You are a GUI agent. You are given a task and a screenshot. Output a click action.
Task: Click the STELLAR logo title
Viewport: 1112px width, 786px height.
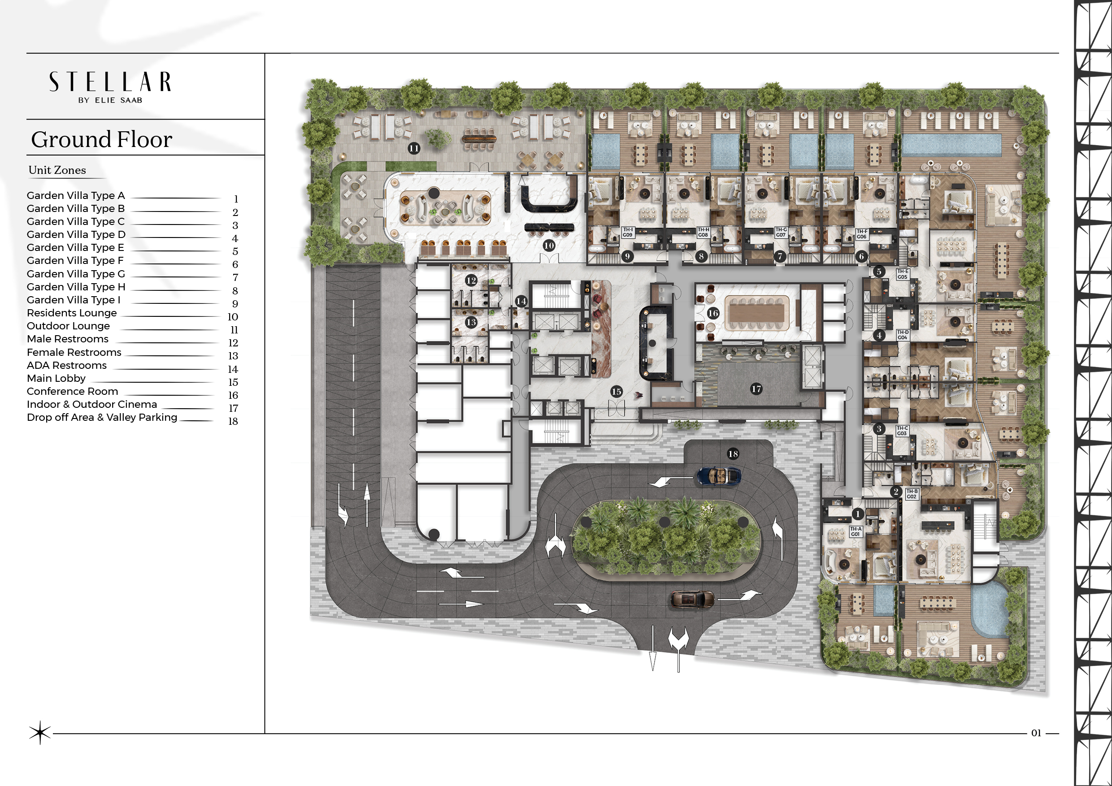click(110, 82)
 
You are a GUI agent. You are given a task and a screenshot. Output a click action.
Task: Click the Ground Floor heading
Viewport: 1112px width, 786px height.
click(102, 139)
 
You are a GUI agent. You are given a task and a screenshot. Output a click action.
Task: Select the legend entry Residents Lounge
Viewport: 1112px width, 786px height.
click(72, 313)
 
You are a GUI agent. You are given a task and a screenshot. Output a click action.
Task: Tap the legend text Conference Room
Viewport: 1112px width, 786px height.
click(72, 391)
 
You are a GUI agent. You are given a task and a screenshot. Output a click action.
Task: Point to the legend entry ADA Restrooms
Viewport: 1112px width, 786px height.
click(66, 365)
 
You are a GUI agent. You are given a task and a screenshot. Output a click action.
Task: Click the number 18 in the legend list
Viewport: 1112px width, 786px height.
click(233, 422)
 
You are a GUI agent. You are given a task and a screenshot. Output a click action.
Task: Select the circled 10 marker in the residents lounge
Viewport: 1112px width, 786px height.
click(549, 246)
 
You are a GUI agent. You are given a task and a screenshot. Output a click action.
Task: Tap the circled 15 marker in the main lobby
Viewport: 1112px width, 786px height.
click(616, 392)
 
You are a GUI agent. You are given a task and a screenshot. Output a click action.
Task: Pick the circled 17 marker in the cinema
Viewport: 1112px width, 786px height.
click(756, 389)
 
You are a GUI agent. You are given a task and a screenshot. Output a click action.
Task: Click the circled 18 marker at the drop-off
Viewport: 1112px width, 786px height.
click(733, 453)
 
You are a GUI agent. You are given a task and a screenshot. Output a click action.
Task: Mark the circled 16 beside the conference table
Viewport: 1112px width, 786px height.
click(712, 313)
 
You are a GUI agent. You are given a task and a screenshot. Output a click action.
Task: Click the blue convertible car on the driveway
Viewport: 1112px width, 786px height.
click(719, 476)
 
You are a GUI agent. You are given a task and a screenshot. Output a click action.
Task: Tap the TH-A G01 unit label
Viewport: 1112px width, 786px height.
click(856, 531)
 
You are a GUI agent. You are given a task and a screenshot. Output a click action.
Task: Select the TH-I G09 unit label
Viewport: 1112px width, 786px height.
click(628, 232)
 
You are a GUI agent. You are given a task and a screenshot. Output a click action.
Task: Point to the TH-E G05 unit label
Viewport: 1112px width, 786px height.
click(902, 274)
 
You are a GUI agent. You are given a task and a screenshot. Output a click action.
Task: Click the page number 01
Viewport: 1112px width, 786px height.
click(1036, 733)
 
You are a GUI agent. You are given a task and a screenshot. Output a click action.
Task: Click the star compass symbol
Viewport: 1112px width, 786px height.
click(40, 733)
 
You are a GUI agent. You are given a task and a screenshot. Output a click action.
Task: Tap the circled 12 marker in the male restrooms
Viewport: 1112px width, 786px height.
click(471, 280)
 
